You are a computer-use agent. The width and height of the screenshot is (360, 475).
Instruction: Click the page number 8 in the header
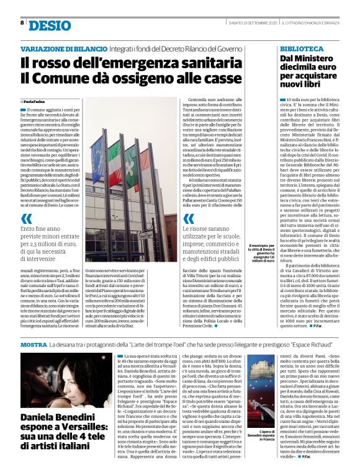point(22,23)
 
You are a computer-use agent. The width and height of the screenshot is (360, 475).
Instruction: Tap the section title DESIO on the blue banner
point(50,25)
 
